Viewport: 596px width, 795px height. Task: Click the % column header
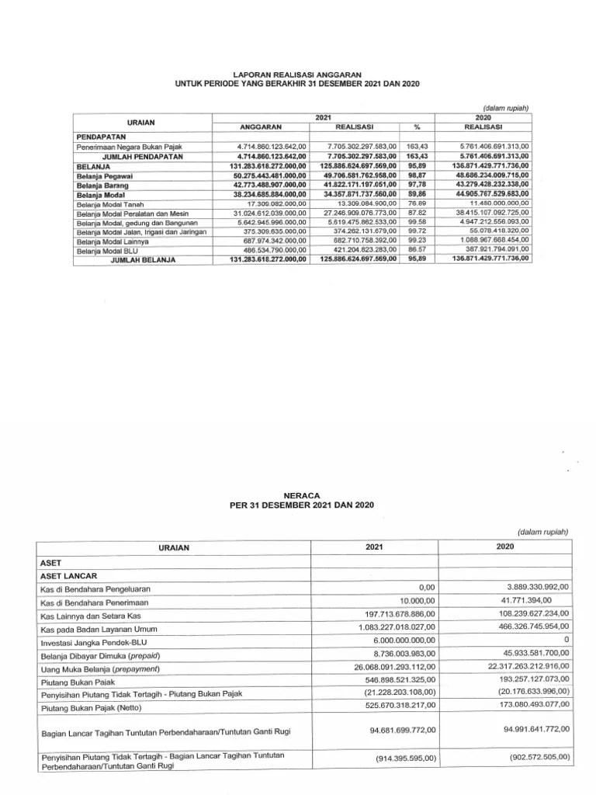coord(417,127)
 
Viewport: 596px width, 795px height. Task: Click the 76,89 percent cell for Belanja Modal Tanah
coord(418,203)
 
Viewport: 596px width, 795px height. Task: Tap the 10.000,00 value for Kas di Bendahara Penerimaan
coord(418,602)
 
